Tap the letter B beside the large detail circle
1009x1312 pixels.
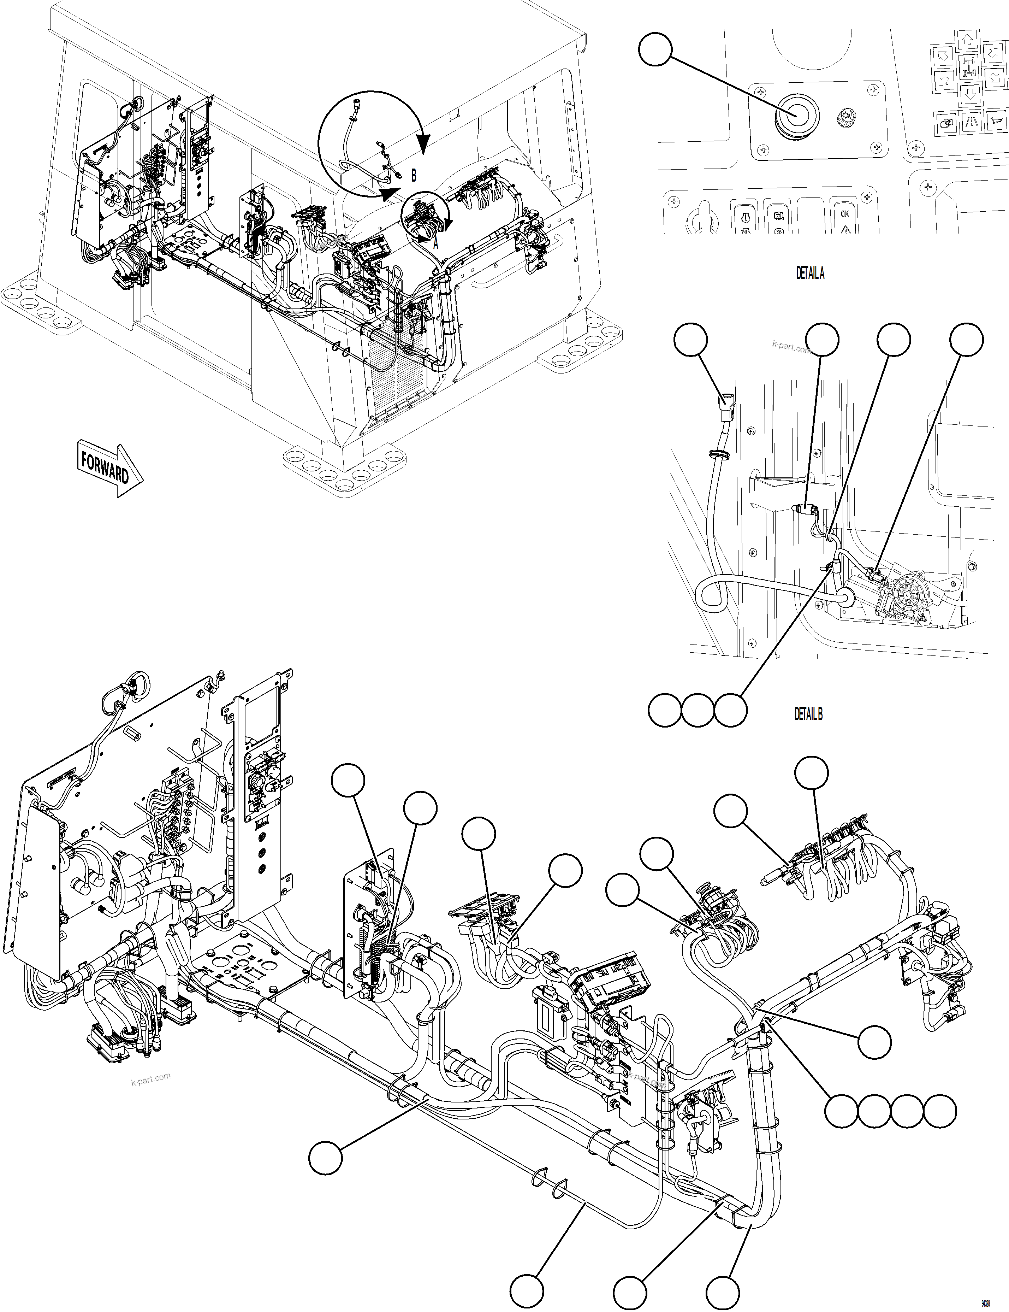click(x=413, y=175)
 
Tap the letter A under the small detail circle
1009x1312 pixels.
click(x=436, y=244)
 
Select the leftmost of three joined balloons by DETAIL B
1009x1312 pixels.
click(x=664, y=710)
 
